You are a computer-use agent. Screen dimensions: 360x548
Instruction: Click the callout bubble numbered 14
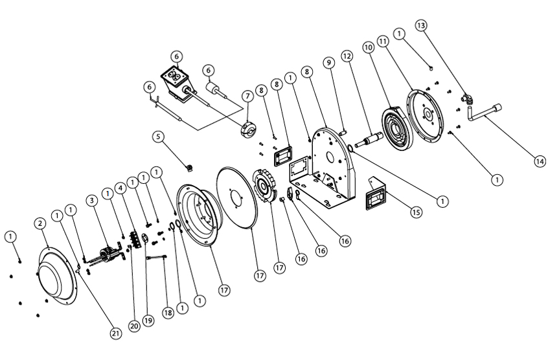coord(540,162)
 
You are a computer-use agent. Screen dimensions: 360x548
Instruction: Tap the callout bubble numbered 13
coord(422,25)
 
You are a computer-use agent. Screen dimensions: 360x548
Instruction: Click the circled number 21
coord(115,333)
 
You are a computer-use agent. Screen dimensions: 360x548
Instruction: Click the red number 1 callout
coord(108,211)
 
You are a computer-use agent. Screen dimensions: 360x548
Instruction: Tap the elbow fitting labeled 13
coord(466,98)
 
